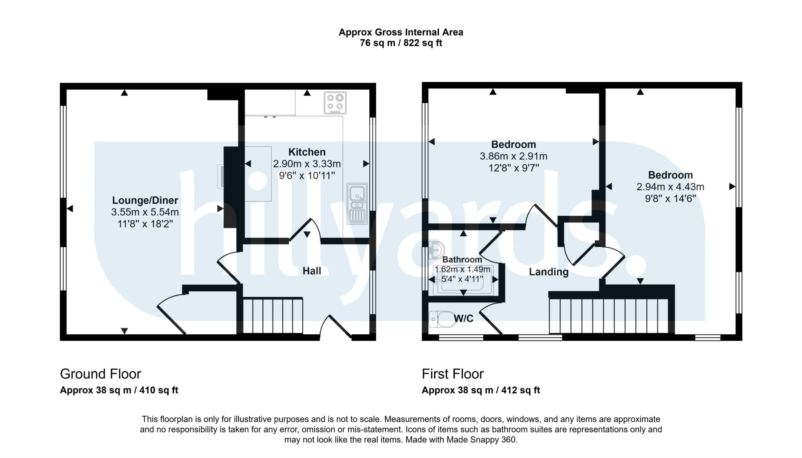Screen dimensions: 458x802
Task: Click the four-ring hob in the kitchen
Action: click(x=335, y=103)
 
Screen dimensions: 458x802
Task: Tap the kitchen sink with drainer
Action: click(x=357, y=204)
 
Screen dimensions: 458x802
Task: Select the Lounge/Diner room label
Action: click(x=145, y=200)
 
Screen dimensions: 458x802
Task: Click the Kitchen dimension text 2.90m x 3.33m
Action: click(x=307, y=164)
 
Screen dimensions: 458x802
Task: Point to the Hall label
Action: click(x=312, y=271)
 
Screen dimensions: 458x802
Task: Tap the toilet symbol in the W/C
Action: click(x=440, y=319)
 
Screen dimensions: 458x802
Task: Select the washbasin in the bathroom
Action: click(x=436, y=250)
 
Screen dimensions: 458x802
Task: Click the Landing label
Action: click(x=548, y=272)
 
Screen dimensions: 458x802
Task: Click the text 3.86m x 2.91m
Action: click(x=513, y=156)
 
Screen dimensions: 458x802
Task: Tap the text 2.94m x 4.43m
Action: click(x=670, y=187)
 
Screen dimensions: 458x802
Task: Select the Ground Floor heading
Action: click(x=100, y=374)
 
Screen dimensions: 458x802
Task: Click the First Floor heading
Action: click(x=452, y=374)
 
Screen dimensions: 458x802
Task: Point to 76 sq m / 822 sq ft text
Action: click(x=401, y=43)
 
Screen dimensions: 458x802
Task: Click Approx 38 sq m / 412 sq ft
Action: click(x=480, y=390)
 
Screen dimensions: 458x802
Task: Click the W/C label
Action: click(x=464, y=319)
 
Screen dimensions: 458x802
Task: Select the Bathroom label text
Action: click(x=462, y=260)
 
